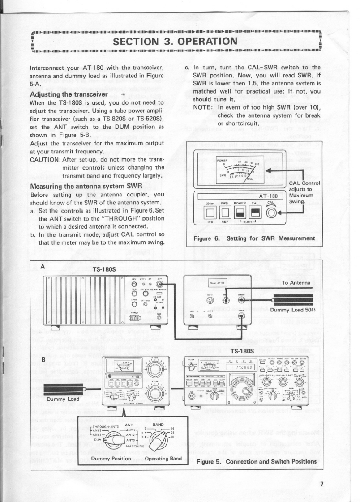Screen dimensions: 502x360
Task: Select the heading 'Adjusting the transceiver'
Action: (x=68, y=94)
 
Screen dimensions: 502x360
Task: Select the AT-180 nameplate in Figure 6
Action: (x=269, y=196)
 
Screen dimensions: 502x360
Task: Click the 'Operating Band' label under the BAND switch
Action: (x=163, y=459)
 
